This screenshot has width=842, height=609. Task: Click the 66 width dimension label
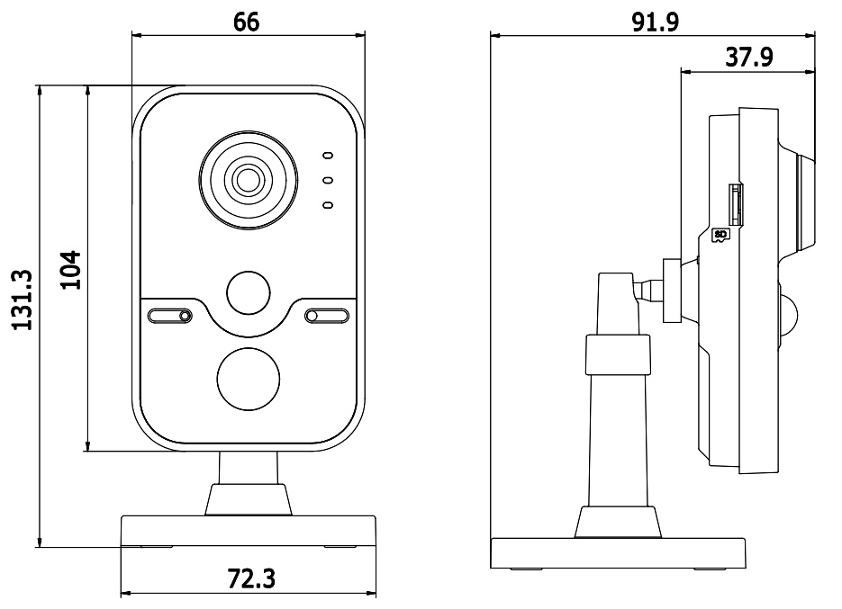tap(247, 22)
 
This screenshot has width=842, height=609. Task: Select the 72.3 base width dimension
tap(251, 578)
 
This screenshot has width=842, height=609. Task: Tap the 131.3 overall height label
tap(23, 300)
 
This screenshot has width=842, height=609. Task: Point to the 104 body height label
tap(70, 270)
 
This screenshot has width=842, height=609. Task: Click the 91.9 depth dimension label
tap(655, 22)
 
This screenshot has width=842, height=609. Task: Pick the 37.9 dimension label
tap(749, 57)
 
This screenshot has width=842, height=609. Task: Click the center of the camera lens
tap(248, 180)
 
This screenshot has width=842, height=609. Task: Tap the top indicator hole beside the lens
tap(328, 156)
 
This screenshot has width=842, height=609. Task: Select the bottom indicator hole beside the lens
tap(328, 205)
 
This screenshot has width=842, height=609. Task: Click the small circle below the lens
tap(248, 293)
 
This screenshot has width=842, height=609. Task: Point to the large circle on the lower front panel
tap(248, 379)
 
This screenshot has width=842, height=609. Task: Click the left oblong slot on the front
tap(169, 316)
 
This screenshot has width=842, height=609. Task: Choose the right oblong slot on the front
tap(327, 316)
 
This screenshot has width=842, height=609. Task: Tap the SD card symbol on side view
tap(720, 235)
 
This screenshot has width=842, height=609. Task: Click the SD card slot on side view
tap(735, 204)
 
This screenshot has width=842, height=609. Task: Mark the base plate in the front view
tap(248, 532)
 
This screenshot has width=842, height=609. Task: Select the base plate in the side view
tap(618, 553)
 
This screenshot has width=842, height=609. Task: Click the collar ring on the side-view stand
tap(618, 354)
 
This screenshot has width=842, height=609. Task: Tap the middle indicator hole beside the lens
tap(328, 180)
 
